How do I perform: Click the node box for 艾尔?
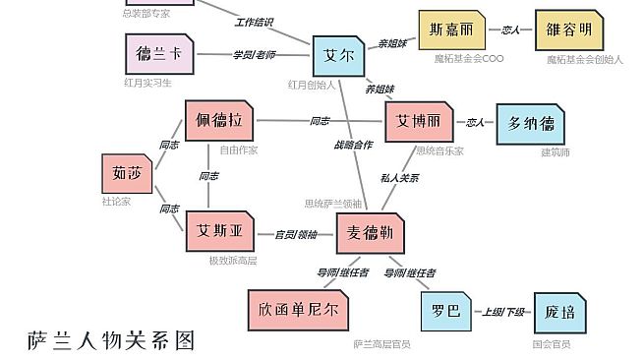338,56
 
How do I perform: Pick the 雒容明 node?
569,30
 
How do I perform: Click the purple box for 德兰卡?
159,54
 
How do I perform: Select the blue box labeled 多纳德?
531,124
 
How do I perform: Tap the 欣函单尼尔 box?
299,309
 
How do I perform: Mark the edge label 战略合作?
353,145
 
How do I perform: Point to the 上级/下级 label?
502,312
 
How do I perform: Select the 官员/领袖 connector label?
296,234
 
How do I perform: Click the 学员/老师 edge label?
254,54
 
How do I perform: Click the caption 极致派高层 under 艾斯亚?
232,261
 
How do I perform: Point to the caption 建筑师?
555,151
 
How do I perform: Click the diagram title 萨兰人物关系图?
111,340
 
